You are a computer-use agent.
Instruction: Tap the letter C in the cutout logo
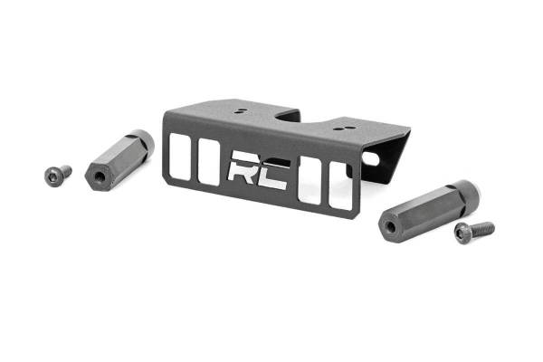[x=273, y=173]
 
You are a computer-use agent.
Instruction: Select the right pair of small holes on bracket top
[x=339, y=129]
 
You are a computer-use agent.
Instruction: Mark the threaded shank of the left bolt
[x=65, y=169]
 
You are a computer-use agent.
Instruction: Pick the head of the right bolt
[x=462, y=234]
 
